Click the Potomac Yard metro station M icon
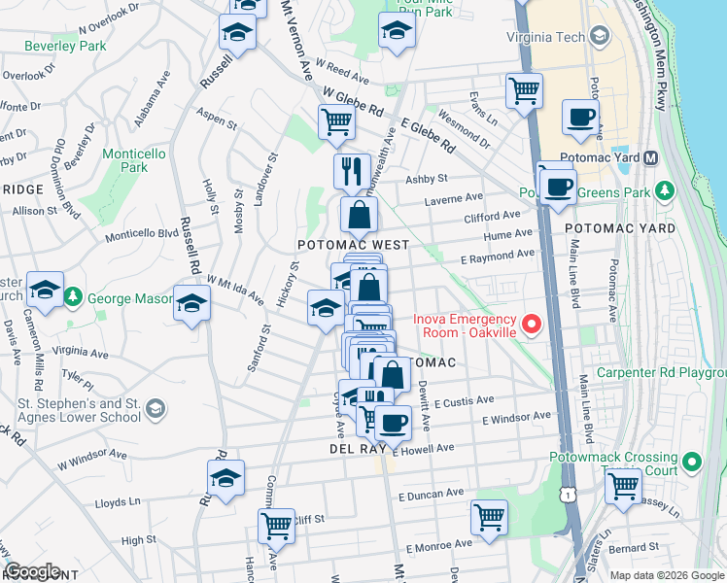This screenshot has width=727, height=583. point(651,157)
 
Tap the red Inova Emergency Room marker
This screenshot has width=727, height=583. point(530,325)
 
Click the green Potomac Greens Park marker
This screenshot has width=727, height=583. point(665,190)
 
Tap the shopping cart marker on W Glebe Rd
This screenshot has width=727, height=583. point(336,122)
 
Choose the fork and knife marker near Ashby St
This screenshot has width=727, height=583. point(352,171)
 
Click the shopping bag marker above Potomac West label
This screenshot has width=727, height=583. point(359,215)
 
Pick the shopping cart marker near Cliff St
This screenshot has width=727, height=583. point(276,527)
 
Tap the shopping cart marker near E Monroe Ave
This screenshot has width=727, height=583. point(489,517)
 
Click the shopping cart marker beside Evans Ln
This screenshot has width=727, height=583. point(524,91)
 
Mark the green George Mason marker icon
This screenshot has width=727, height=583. point(74,295)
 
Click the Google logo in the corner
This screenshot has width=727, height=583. point(32,571)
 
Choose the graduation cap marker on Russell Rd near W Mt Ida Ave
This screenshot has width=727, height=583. point(191,303)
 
